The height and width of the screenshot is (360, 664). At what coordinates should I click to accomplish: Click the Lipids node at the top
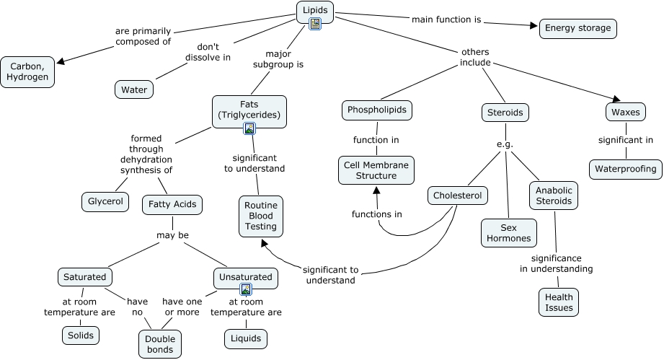[315, 11]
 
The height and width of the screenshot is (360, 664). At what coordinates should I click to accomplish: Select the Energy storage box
[577, 28]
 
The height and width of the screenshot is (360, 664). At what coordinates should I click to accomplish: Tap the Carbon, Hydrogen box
[27, 71]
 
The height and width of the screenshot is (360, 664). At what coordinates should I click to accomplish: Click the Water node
[133, 89]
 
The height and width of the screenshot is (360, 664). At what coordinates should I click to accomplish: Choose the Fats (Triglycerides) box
[249, 110]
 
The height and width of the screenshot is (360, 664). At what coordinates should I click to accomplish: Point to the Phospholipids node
[376, 110]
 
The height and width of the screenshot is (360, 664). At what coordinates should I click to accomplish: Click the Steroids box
[505, 113]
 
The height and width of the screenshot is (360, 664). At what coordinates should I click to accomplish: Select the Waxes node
[625, 113]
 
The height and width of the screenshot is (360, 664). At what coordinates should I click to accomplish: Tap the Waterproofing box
[625, 170]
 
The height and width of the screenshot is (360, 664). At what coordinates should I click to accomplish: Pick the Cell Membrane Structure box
[376, 170]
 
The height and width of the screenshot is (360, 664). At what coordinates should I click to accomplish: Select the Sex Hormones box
[508, 232]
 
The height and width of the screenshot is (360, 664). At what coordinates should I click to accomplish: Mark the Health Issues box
[559, 302]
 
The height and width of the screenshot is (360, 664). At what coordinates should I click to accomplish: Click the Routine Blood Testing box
[260, 216]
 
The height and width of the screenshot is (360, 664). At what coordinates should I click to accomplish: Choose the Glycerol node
[105, 202]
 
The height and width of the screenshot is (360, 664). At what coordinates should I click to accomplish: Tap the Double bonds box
[159, 343]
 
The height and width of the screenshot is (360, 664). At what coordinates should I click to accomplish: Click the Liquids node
[246, 338]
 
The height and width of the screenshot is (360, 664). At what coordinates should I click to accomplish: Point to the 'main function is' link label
[446, 19]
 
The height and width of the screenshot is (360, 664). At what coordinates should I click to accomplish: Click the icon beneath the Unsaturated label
[246, 289]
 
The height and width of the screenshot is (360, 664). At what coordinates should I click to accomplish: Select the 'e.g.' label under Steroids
[505, 144]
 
